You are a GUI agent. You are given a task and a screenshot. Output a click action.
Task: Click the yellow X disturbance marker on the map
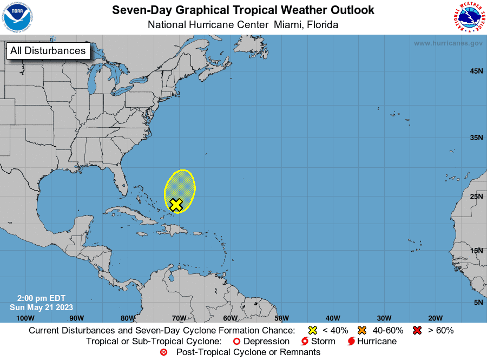[x=176, y=204]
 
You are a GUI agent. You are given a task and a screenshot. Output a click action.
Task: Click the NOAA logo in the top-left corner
[x=17, y=17]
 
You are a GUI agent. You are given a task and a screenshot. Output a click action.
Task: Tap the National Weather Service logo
[x=469, y=17]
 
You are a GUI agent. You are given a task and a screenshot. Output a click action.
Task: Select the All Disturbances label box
[x=48, y=51]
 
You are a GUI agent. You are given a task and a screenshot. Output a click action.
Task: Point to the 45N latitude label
[x=476, y=71]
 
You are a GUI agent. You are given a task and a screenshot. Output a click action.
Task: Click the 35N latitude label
[x=476, y=138]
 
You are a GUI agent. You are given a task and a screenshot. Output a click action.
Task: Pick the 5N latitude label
[x=478, y=302]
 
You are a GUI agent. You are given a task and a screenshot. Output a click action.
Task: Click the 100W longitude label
[x=25, y=318]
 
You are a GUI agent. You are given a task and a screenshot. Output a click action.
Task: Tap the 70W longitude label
[x=179, y=318]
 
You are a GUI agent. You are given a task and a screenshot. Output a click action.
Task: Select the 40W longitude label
[x=333, y=318]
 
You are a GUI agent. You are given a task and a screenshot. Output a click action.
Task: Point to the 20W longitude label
[x=435, y=318]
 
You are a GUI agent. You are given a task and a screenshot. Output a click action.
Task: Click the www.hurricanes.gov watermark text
[x=448, y=43]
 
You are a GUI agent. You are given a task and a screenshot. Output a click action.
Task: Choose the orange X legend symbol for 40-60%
[x=362, y=330]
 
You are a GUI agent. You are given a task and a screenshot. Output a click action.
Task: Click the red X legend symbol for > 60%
[x=417, y=330]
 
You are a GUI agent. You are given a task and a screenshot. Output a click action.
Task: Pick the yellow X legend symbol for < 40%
[x=312, y=330]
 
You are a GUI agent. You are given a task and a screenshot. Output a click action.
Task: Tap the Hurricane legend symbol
[x=351, y=341]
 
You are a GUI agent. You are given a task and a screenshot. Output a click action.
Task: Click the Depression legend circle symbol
[x=236, y=341]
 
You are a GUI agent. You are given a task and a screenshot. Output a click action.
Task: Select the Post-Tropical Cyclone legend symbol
[x=163, y=352]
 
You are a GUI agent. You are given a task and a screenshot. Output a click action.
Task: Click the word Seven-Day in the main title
[x=137, y=10]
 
